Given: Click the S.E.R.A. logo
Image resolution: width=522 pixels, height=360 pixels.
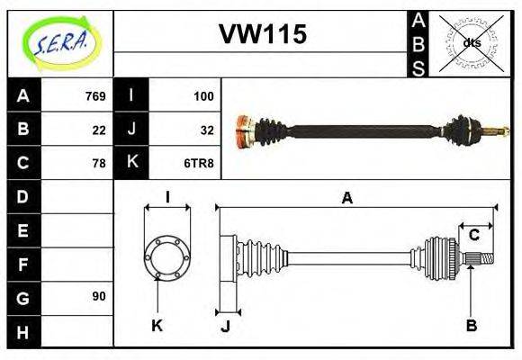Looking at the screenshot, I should [x=60, y=42].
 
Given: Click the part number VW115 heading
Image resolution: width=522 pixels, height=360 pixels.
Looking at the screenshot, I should [x=263, y=34].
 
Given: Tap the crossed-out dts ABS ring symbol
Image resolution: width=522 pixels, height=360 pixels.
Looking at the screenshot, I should [x=472, y=42].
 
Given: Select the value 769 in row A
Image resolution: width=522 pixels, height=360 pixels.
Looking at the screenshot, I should [x=94, y=95].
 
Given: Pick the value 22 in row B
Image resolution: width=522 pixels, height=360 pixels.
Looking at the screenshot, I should [x=99, y=130].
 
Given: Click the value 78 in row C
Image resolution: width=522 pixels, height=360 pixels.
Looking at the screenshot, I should [x=99, y=164].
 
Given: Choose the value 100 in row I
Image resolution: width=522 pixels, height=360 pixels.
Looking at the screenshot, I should [x=203, y=95].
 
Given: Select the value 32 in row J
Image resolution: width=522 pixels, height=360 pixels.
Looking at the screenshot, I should [x=207, y=130].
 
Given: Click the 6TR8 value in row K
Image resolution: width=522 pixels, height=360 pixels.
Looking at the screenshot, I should [x=200, y=164].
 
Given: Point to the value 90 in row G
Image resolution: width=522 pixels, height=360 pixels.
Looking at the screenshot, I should [x=99, y=296].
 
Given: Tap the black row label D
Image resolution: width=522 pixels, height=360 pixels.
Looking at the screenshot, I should [x=23, y=196].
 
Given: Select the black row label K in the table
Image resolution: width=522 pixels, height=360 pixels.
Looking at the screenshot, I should [x=131, y=163].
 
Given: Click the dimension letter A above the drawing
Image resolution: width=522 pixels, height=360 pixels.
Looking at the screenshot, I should [x=346, y=199].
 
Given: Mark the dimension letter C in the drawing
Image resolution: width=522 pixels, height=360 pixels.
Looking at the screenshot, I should [x=473, y=236].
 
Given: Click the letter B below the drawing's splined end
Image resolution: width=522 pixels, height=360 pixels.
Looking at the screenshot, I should [x=471, y=325].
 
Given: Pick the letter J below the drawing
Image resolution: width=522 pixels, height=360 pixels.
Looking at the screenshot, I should [x=225, y=326].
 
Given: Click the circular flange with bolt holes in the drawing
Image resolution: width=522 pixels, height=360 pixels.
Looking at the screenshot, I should [x=167, y=257].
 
